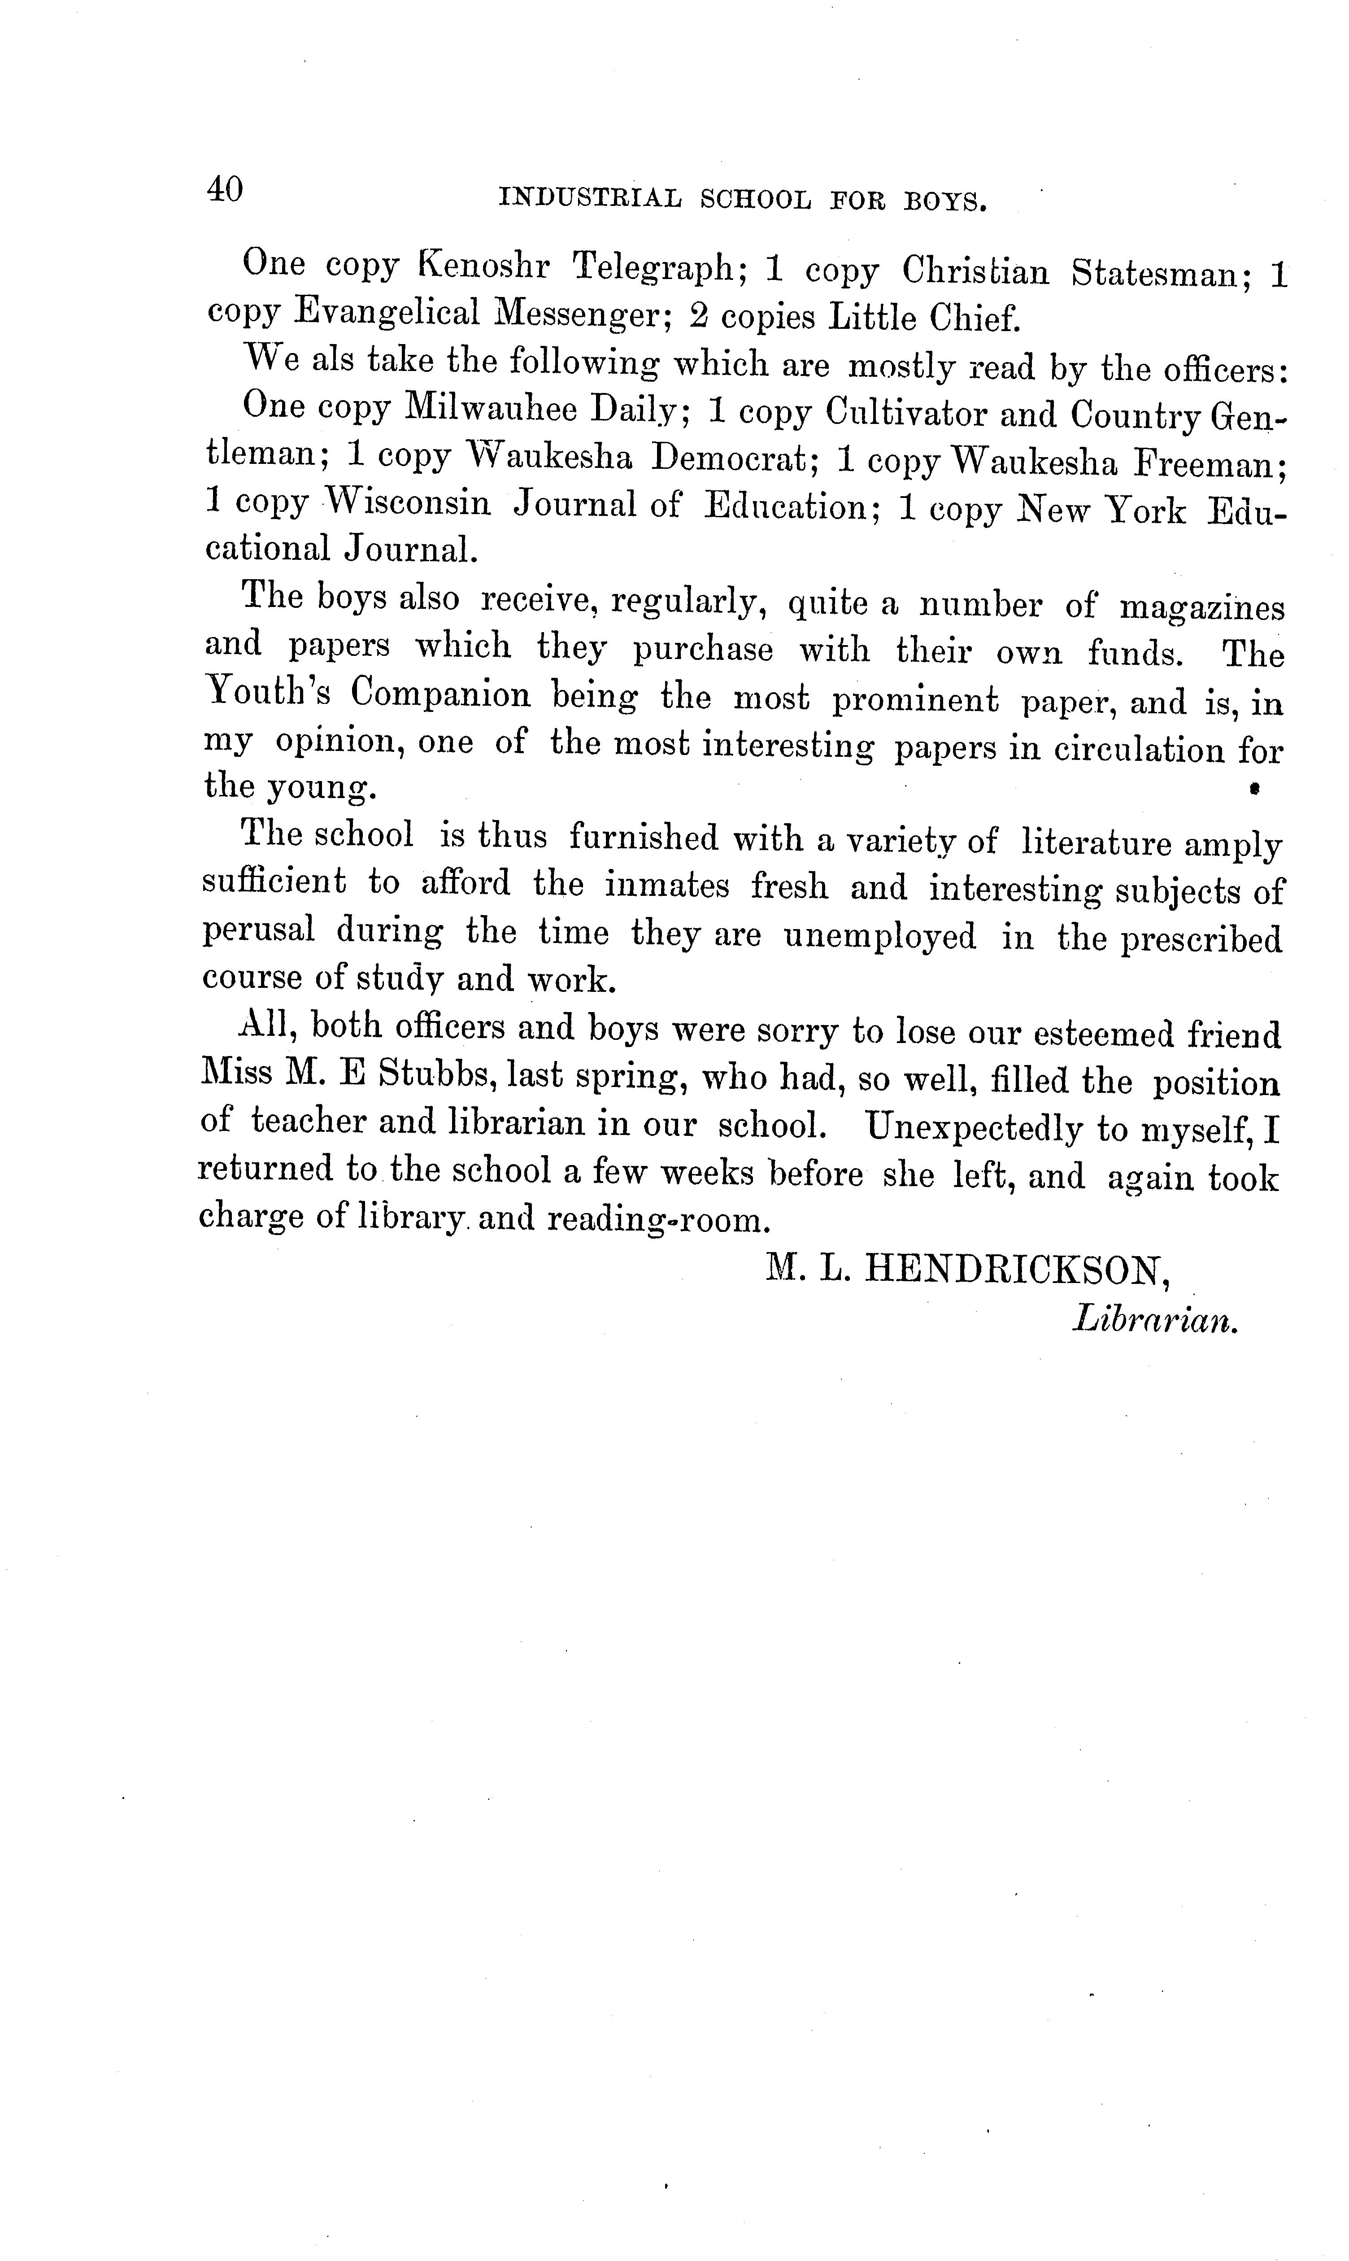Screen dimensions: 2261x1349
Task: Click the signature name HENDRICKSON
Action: click(x=1015, y=1266)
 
